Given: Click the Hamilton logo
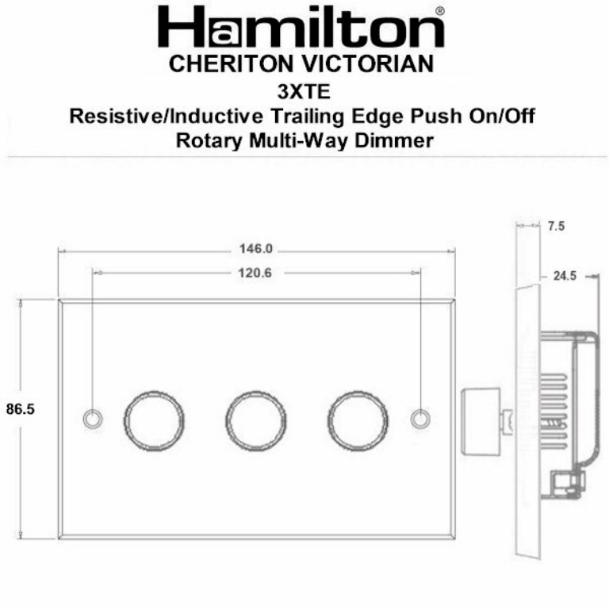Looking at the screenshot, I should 301,29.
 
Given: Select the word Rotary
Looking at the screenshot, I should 208,141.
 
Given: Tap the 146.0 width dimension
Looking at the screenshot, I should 256,249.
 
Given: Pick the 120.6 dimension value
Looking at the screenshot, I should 256,272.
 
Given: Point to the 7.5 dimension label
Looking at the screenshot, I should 556,227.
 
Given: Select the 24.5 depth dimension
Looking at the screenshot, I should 564,276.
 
